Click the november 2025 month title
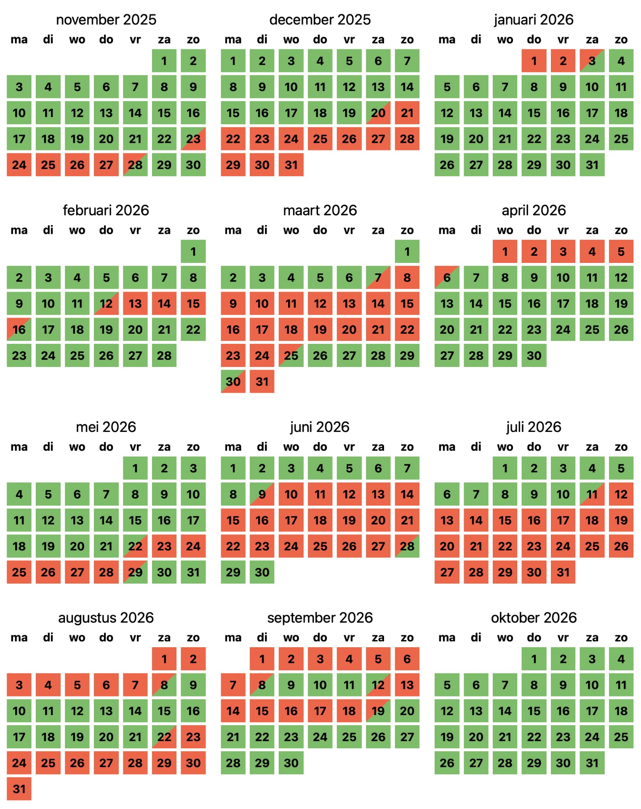pos(106,19)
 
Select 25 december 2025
pos(320,139)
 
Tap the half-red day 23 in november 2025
pos(193,139)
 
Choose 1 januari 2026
pos(534,61)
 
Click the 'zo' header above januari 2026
pos(621,40)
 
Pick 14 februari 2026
pos(164,303)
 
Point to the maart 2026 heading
pos(320,210)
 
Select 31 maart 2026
pos(262,381)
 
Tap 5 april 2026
pos(621,252)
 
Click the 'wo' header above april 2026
pos(505,230)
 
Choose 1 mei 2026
pos(135,468)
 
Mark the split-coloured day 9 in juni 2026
pos(262,494)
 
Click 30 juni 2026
pos(262,572)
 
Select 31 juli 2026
pos(563,572)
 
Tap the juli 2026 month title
pos(534,427)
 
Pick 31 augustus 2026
pos(19,788)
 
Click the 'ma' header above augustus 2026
pos(19,638)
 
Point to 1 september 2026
pos(262,659)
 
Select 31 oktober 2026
pos(592,763)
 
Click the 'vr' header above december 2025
pos(349,40)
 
